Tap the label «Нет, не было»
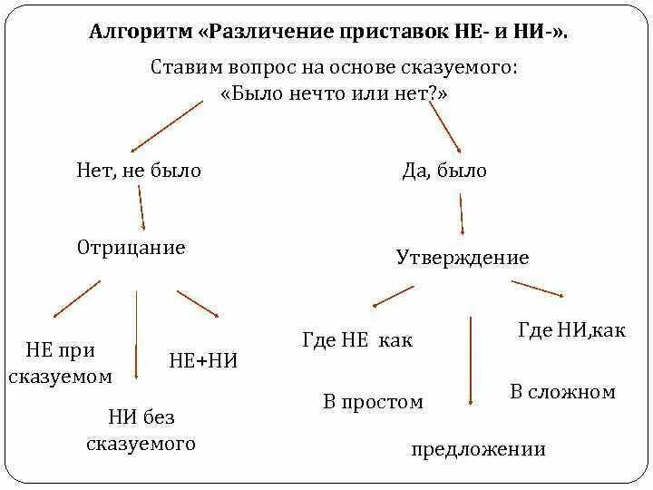click(139, 171)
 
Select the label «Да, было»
click(444, 171)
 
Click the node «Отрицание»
click(132, 248)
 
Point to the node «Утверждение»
click(463, 258)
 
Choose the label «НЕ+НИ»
click(203, 360)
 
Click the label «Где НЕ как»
click(356, 340)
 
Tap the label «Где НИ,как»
click(571, 330)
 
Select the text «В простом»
click(373, 401)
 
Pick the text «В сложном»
click(562, 392)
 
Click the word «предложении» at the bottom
click(478, 449)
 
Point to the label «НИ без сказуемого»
click(141, 430)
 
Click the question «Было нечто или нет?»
click(335, 93)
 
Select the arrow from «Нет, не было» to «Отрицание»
click(141, 209)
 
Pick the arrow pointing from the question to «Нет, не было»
click(167, 126)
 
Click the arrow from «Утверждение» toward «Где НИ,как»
click(540, 289)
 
